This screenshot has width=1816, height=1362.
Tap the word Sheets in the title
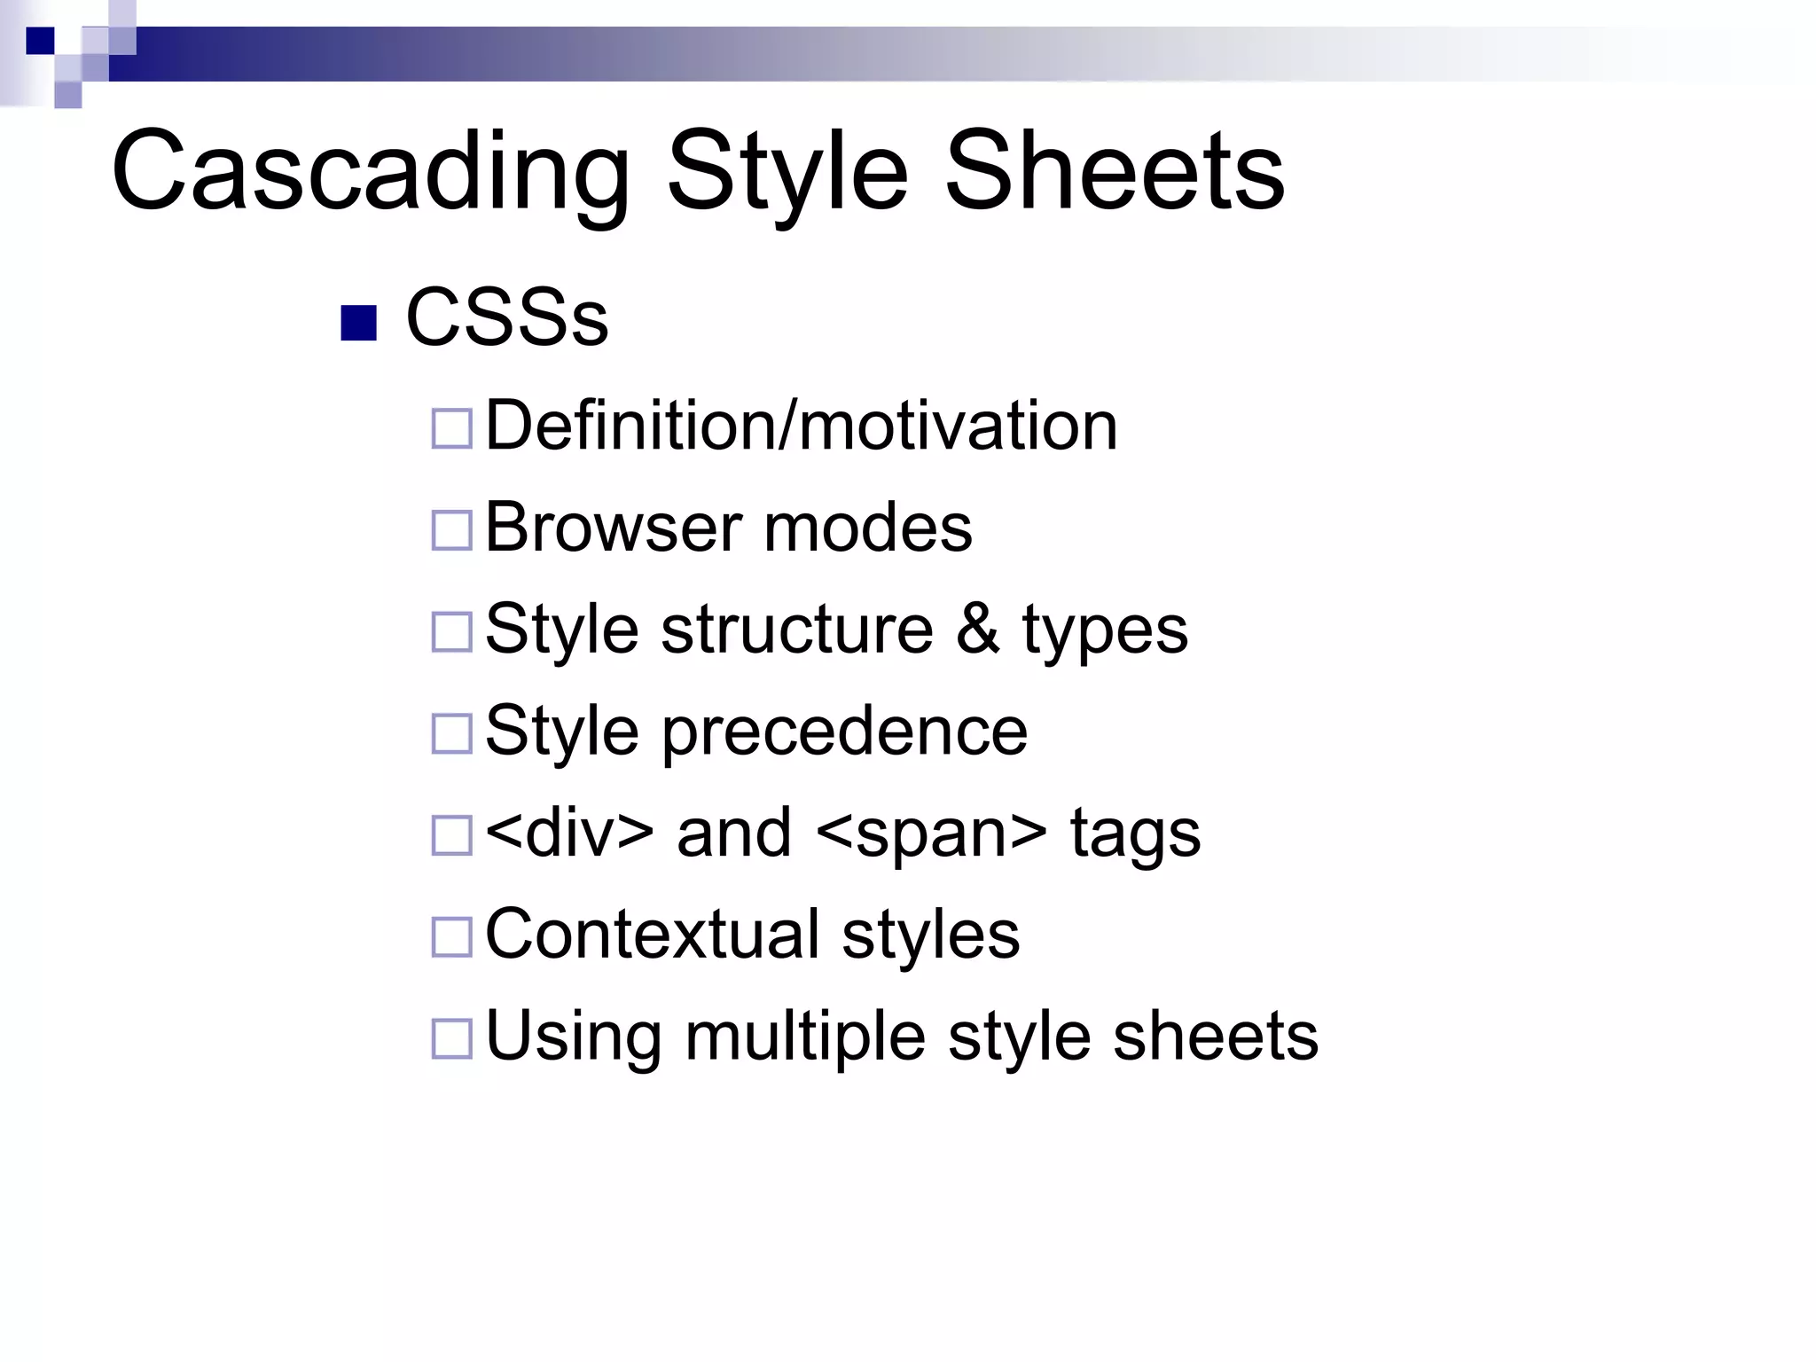[x=1115, y=171]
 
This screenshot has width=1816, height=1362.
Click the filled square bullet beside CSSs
[x=359, y=324]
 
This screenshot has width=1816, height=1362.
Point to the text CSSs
[x=507, y=318]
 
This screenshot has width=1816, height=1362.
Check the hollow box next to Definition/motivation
[x=451, y=428]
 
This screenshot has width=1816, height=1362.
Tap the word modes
[x=867, y=528]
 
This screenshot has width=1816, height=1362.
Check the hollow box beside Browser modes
[x=451, y=530]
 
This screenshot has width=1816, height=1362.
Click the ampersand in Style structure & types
[x=977, y=630]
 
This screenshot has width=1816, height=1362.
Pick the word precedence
[x=844, y=732]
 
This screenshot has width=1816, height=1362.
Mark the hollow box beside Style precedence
[x=451, y=734]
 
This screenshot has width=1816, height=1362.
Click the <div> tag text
[x=570, y=834]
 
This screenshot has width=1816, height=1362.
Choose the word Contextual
[x=653, y=934]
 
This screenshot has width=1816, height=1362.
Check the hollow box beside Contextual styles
[x=451, y=937]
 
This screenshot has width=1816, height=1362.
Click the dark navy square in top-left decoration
[x=40, y=41]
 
